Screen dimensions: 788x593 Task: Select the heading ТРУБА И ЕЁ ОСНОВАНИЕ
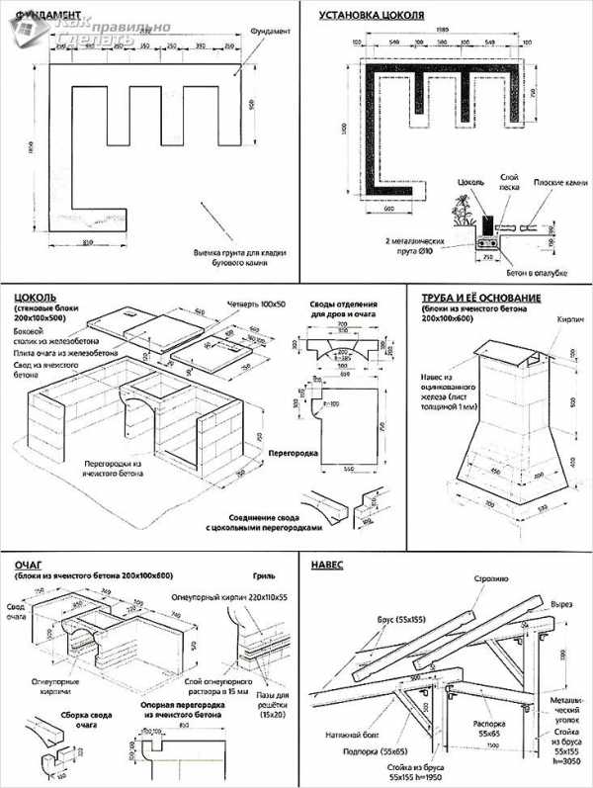481,298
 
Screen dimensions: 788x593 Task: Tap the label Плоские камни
553,183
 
